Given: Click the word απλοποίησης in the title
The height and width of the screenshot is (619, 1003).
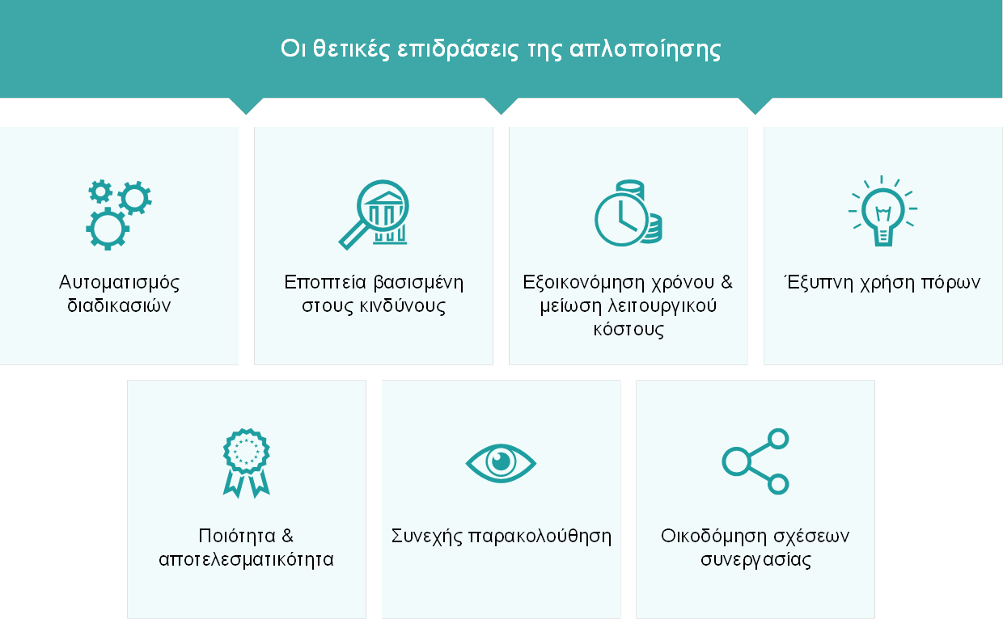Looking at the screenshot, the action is (x=645, y=50).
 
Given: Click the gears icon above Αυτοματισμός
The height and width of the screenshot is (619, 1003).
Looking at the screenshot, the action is (x=119, y=215).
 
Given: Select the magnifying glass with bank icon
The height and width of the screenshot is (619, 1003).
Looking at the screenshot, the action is (x=374, y=215).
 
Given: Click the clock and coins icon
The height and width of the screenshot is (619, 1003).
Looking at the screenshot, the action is (x=628, y=213).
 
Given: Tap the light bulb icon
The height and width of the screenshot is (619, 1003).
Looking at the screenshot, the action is (x=882, y=211).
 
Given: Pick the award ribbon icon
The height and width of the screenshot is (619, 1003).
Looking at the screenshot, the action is (x=246, y=463).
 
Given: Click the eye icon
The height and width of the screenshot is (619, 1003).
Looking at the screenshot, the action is (x=501, y=463).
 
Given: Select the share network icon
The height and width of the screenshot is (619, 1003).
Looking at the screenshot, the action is (x=755, y=461).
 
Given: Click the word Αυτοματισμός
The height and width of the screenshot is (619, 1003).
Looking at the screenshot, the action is (x=119, y=283).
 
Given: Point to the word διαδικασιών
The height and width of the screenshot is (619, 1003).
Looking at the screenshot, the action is (x=119, y=305).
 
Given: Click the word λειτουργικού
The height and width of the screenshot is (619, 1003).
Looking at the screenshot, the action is (x=662, y=306).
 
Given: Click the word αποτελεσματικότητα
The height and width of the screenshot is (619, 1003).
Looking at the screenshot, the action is (x=246, y=559).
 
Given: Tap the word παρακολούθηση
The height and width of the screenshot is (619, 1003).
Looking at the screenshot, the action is (x=540, y=536).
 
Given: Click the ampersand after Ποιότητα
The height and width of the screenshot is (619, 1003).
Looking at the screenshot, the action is (x=287, y=536).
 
